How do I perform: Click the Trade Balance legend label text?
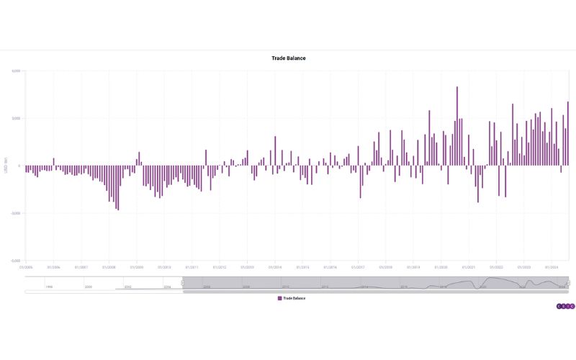tap(294, 297)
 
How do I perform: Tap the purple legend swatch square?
tap(279, 297)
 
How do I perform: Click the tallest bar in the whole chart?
tap(456, 126)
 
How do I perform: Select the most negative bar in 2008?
tap(117, 187)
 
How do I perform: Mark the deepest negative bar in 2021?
tap(477, 184)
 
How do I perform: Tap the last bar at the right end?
tap(567, 133)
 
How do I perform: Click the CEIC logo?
tap(566, 306)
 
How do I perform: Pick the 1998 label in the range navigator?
tap(49, 287)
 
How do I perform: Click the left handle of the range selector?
tap(183, 283)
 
